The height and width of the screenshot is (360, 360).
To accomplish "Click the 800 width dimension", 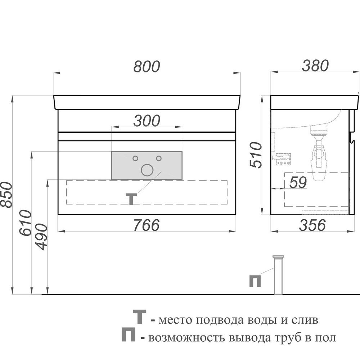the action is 147,66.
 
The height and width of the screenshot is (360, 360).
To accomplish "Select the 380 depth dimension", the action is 315,66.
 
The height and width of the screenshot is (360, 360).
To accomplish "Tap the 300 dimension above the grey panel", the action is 147,121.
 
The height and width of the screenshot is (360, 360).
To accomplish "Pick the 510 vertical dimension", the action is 256,155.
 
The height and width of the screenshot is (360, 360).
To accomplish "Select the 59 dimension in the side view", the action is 298,183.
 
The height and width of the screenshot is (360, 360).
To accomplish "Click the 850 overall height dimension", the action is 6,195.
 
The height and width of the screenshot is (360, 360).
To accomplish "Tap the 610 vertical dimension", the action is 25,223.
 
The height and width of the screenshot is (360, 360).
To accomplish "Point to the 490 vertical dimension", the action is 42,237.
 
